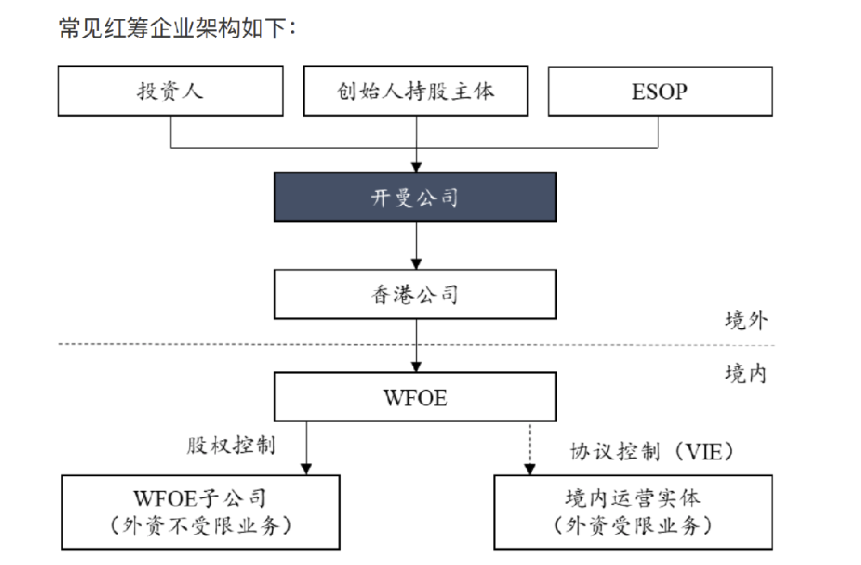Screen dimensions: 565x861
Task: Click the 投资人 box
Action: coord(170,91)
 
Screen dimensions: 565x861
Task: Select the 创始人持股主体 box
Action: coord(416,91)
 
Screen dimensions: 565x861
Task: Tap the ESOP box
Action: coord(660,91)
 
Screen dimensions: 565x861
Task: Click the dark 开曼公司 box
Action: coord(415,197)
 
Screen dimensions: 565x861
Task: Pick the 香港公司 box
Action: coord(415,295)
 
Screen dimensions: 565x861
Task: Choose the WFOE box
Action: coord(415,398)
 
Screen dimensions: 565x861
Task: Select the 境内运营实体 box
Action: coord(633,512)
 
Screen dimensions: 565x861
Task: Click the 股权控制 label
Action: coord(231,445)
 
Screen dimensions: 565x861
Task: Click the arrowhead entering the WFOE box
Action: coord(416,367)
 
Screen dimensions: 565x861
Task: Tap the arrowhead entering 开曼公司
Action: coord(416,167)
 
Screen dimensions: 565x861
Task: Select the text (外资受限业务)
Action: coord(633,525)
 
